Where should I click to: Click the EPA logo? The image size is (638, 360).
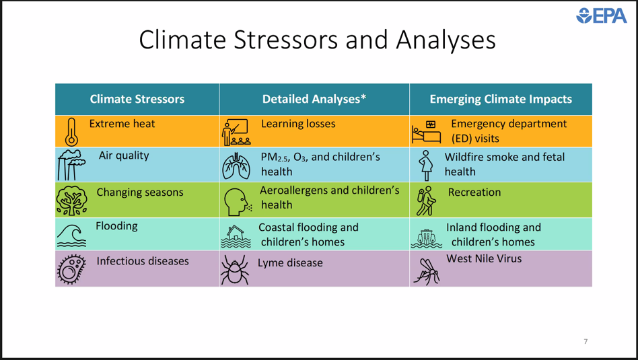point(602,15)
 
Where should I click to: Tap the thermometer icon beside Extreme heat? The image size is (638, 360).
point(71,132)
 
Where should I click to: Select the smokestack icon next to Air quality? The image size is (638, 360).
point(71,165)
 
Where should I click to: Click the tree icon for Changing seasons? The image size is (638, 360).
point(71,200)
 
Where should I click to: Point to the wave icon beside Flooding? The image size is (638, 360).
point(71,235)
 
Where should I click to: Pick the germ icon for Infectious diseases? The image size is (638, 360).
point(71,269)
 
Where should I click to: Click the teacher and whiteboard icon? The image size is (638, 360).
point(236,132)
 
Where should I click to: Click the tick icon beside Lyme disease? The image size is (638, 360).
point(235,269)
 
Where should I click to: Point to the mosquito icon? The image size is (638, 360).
point(427,271)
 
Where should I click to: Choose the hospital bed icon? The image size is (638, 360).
point(426,132)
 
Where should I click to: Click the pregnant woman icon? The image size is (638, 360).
point(426,166)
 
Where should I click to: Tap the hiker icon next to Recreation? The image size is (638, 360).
point(426,201)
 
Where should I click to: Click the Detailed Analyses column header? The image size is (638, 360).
point(314,99)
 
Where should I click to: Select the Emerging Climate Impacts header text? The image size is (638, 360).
point(501,99)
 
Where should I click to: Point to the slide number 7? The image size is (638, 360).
point(586,341)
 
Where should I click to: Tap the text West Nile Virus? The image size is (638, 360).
point(484,258)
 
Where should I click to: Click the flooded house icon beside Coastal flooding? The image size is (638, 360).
point(236,236)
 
